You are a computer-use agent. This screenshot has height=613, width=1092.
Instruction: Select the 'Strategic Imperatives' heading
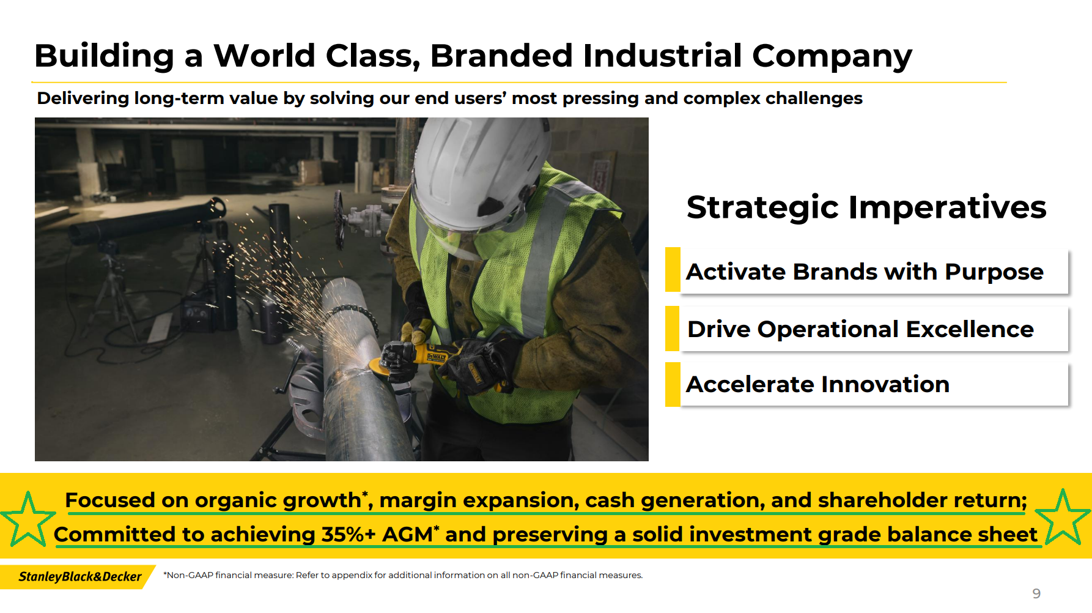tap(866, 207)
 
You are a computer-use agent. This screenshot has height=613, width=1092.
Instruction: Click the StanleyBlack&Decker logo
tap(80, 576)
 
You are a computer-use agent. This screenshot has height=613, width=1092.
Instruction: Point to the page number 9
tap(1036, 593)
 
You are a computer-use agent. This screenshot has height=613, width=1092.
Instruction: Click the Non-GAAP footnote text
tap(403, 575)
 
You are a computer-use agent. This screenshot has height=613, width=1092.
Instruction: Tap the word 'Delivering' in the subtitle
tap(83, 98)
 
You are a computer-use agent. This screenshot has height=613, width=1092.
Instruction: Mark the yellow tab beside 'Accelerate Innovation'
tap(673, 384)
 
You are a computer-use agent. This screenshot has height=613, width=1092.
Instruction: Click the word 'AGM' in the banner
tap(407, 534)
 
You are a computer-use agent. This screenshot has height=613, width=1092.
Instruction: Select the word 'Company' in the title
tap(832, 57)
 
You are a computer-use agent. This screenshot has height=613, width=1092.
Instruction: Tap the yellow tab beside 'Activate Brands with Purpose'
tap(673, 270)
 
